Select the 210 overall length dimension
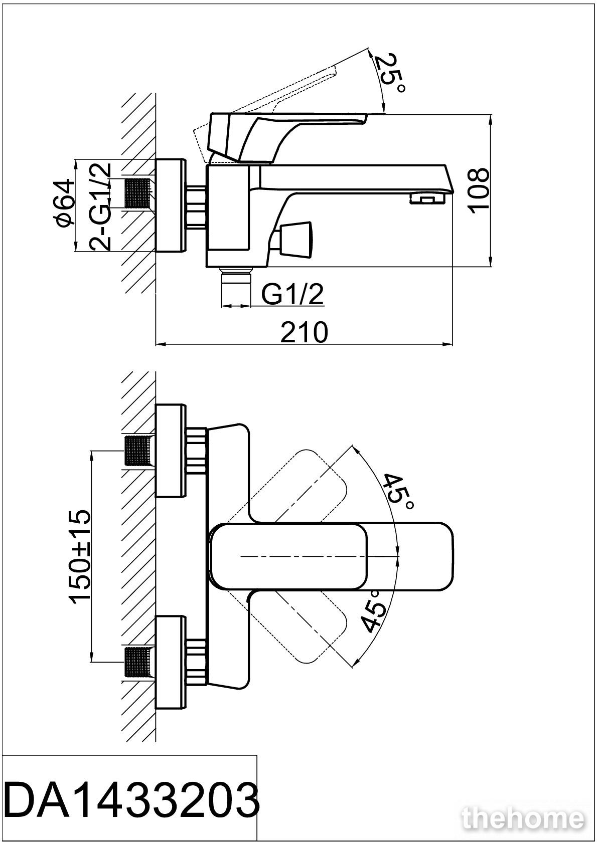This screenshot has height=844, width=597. pyautogui.click(x=304, y=332)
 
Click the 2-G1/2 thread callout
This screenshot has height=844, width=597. pyautogui.click(x=101, y=206)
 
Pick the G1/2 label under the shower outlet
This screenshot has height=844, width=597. pyautogui.click(x=293, y=295)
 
